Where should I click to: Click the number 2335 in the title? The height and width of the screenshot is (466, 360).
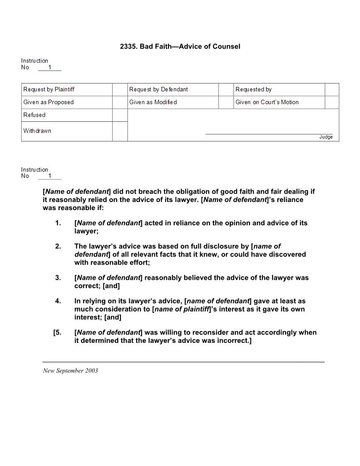point(128,46)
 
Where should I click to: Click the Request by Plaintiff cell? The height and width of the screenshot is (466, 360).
point(49,90)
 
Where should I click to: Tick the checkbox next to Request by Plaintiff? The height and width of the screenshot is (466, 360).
point(120,90)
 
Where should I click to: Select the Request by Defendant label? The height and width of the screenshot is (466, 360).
point(158,90)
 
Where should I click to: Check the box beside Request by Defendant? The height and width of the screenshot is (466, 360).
point(226,90)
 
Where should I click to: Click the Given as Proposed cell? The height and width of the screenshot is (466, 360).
point(49,102)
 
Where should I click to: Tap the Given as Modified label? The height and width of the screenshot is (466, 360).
point(153,102)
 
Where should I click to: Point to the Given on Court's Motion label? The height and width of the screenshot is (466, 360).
point(267,102)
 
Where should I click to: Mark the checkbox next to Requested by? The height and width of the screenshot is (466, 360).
point(332,90)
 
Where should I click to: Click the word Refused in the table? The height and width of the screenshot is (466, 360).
point(34,115)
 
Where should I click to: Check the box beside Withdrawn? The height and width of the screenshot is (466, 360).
point(120,131)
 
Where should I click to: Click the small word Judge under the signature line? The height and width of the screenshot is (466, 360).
point(326,137)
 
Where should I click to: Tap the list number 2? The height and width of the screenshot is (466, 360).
point(58,246)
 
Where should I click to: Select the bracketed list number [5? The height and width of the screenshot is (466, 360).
point(57,332)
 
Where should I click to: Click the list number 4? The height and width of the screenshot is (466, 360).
point(58,301)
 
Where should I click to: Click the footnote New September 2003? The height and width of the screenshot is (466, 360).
point(71,371)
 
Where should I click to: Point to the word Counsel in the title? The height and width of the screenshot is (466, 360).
point(226,46)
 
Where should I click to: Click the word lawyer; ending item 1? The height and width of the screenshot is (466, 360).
point(86,231)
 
